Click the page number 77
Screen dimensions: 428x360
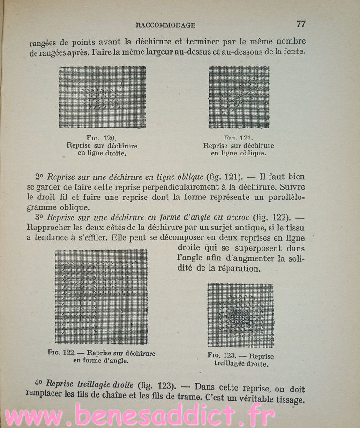pyautogui.click(x=300, y=23)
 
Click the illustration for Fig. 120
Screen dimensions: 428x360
pyautogui.click(x=102, y=97)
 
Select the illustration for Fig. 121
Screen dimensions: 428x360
pyautogui.click(x=239, y=97)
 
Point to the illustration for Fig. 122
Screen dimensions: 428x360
pyautogui.click(x=101, y=296)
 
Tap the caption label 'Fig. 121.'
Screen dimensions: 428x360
pyautogui.click(x=239, y=139)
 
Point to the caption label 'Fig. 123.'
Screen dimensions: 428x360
pyautogui.click(x=224, y=355)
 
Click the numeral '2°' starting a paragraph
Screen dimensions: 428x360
pyautogui.click(x=39, y=177)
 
